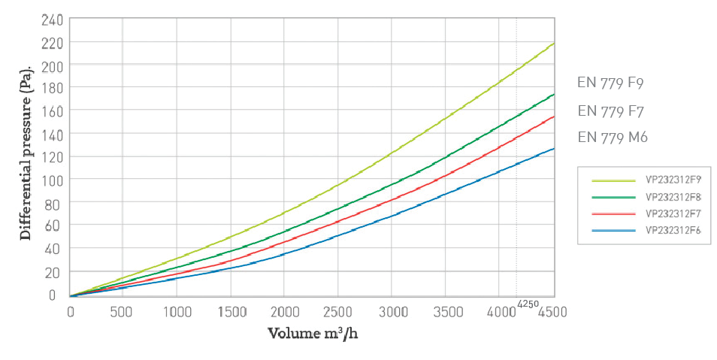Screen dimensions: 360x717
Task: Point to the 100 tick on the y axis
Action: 50,179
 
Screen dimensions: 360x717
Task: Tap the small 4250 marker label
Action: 528,304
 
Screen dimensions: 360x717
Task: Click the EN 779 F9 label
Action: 610,83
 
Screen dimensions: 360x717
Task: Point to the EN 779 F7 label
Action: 610,110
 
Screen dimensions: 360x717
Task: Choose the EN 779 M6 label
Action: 613,137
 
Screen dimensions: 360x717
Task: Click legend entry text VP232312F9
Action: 673,180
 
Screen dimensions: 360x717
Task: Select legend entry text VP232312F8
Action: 673,197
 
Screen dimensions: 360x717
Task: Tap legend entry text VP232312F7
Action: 673,213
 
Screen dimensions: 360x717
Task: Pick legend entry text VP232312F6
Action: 673,230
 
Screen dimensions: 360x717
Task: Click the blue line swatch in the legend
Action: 613,230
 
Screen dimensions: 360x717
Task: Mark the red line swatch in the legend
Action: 613,213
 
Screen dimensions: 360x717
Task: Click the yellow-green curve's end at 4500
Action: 554,44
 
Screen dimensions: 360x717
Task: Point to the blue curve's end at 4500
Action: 554,148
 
